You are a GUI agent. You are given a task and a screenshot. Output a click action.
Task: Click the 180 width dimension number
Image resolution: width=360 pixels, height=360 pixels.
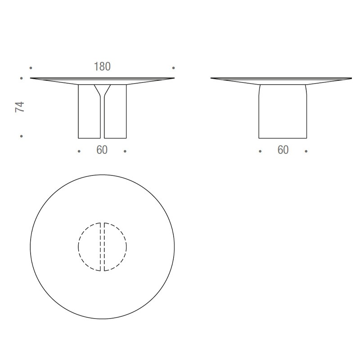(x=102, y=67)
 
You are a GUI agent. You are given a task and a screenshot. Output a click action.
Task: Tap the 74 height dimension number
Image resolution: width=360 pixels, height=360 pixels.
(x=20, y=107)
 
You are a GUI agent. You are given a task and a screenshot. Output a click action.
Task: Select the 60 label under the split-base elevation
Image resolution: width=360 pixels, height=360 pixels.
(x=102, y=150)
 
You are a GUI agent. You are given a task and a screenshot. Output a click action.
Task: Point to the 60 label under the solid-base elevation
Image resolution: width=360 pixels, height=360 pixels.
(x=283, y=150)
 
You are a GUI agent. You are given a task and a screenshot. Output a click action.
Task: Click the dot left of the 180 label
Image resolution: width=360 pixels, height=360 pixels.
(x=31, y=68)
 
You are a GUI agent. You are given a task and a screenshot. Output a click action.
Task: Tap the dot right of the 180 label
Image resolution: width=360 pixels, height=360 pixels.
(x=174, y=68)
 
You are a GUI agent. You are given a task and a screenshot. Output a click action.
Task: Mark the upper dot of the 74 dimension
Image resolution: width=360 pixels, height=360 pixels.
(x=22, y=78)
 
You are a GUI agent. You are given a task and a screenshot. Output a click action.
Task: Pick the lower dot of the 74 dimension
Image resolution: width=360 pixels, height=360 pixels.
(x=22, y=136)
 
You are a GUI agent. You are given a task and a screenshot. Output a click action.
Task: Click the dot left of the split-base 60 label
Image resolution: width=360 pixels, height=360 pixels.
(x=79, y=151)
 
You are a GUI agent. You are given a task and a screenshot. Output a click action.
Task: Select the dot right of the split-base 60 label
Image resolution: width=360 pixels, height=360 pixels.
(x=125, y=151)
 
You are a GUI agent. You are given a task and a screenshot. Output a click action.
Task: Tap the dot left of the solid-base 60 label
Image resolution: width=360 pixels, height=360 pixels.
(x=260, y=151)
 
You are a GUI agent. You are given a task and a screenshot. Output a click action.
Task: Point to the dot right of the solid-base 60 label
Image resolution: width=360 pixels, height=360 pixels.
(x=306, y=151)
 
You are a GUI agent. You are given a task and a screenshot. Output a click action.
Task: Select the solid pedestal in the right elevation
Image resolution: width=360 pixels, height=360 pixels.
(x=283, y=112)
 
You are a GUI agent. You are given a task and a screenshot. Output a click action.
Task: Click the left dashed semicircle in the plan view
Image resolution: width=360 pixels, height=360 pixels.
(x=89, y=247)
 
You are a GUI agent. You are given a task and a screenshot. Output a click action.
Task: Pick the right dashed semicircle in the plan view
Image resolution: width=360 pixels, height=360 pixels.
(x=116, y=247)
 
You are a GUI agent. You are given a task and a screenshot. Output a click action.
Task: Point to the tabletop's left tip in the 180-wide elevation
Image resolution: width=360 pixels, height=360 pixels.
(x=31, y=79)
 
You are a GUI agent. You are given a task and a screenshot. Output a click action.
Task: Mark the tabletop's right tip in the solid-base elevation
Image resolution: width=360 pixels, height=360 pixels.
(x=351, y=79)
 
